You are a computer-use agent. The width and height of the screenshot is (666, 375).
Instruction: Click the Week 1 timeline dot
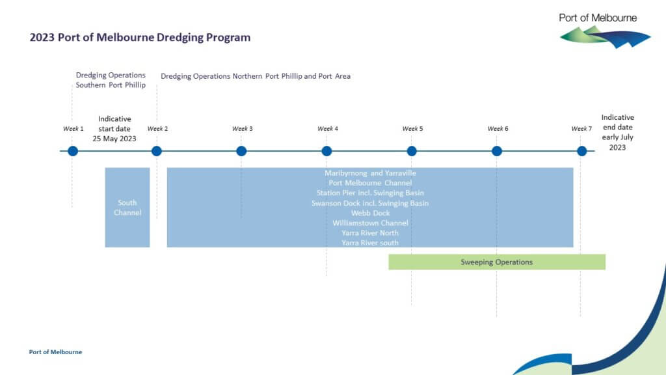coord(72,151)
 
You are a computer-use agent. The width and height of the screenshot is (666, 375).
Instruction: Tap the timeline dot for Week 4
coord(326,151)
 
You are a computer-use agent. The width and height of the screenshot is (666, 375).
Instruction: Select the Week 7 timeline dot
coord(581,151)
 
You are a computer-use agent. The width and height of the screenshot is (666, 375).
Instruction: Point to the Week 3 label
coord(242,129)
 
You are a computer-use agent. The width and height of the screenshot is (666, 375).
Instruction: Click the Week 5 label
coord(412,129)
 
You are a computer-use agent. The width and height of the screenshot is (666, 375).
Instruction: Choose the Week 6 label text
coord(498,129)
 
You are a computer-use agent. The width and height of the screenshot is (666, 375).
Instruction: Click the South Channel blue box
coord(127,208)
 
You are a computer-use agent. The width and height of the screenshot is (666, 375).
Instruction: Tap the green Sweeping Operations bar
coord(497,262)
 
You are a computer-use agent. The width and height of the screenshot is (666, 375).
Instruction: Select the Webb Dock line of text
coord(370,213)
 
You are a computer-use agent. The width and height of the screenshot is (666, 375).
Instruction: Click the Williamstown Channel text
coord(370,223)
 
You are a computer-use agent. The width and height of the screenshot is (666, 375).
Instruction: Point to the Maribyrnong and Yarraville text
coord(370,173)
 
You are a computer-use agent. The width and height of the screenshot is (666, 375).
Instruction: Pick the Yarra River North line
coord(370,233)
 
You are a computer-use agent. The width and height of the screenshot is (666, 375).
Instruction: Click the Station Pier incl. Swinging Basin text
coord(370,193)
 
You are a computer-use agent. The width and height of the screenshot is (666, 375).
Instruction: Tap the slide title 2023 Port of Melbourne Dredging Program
coord(140,38)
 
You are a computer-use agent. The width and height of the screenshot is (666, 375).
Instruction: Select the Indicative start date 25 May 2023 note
coord(114,129)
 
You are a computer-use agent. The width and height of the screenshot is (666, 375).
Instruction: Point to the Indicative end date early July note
coord(617,133)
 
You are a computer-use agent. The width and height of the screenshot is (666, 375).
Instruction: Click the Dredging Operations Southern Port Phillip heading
coord(111,80)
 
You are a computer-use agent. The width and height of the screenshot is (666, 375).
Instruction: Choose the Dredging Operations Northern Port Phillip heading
coord(256,76)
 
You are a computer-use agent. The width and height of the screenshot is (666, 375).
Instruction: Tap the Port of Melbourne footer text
coord(56,352)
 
